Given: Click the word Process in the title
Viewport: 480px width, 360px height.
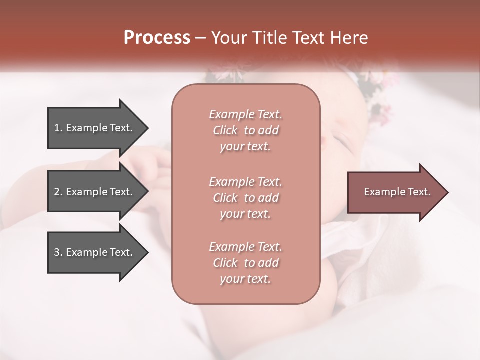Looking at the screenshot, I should [x=157, y=38].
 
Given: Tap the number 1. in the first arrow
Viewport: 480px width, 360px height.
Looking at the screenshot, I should [x=58, y=128].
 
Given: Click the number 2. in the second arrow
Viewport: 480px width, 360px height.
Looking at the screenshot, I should [x=58, y=192].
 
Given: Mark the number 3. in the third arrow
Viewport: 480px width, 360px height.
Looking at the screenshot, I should [x=58, y=252].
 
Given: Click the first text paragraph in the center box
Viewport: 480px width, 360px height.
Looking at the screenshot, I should [x=245, y=130].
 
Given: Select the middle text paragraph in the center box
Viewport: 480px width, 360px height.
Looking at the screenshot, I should [x=245, y=198].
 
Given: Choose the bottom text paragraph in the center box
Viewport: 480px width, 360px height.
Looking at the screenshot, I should [x=245, y=263].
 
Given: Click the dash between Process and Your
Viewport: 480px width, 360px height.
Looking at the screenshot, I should [x=201, y=38].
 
